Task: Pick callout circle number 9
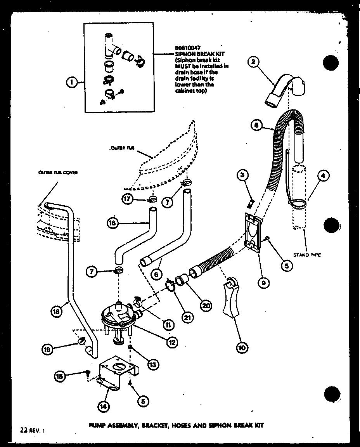coord(263,283)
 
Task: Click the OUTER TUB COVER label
coord(57,173)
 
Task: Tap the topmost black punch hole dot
coord(331,62)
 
